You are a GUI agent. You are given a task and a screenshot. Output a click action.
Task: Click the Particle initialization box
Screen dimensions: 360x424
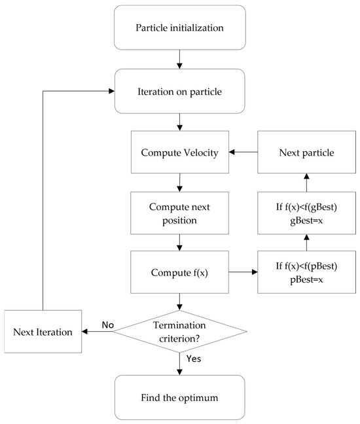180,27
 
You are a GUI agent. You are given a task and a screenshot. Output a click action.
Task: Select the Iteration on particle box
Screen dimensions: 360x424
180,91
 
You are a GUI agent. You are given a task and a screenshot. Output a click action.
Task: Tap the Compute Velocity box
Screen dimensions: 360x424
180,152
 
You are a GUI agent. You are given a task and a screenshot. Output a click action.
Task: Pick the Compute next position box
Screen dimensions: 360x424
179,213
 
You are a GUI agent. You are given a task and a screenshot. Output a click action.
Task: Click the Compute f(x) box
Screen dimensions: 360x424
179,272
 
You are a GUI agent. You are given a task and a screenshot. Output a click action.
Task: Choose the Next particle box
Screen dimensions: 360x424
306,152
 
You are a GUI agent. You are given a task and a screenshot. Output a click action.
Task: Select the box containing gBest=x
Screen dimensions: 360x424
306,213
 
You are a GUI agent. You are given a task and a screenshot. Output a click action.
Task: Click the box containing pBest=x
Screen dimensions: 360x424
306,272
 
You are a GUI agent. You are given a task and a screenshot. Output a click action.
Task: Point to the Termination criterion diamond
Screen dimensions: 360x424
179,332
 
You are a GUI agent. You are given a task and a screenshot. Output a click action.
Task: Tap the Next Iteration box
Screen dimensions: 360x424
43,332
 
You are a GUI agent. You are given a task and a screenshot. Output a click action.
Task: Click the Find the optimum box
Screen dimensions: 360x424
180,398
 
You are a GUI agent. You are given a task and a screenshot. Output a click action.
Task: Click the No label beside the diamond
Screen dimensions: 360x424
107,325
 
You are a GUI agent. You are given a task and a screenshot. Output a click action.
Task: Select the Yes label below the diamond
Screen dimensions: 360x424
194,359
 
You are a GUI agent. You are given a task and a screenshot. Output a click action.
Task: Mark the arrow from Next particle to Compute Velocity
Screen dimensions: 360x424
243,152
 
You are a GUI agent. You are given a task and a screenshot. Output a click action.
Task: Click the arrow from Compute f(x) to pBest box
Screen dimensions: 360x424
243,272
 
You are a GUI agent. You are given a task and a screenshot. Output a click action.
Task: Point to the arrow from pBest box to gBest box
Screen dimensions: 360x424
306,243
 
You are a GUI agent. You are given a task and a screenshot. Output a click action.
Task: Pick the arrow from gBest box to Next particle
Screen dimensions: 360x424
306,183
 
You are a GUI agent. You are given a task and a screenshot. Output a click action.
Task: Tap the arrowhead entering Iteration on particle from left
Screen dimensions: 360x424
111,91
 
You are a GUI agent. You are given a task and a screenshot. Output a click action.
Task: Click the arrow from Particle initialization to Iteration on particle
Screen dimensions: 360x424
179,60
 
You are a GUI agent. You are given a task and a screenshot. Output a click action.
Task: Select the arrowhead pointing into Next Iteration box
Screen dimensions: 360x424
84,332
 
